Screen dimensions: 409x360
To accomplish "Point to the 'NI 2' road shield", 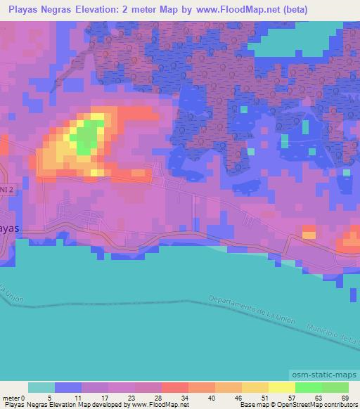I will point(6,190).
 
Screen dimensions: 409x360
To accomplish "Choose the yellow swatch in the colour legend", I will point(281,387).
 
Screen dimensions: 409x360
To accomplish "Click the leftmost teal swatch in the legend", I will point(41,387).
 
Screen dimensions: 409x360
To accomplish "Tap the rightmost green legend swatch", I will point(335,387).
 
